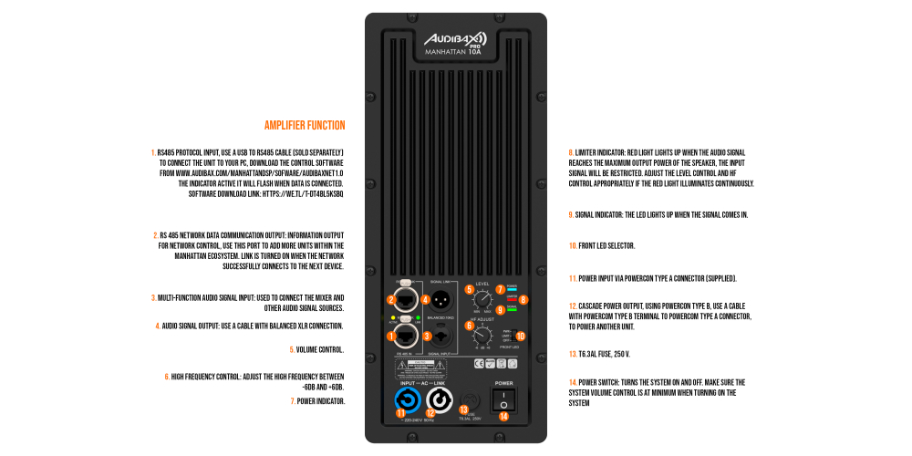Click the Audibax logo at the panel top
tap(455, 39)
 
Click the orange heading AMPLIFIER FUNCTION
tap(305, 125)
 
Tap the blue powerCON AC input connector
tap(408, 401)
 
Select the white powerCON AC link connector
tap(438, 401)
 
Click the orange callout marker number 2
tap(390, 299)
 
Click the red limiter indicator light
tap(512, 298)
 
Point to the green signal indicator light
tap(512, 308)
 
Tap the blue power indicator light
tap(512, 288)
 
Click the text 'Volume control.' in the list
tap(316, 349)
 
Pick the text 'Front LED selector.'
tap(601, 246)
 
